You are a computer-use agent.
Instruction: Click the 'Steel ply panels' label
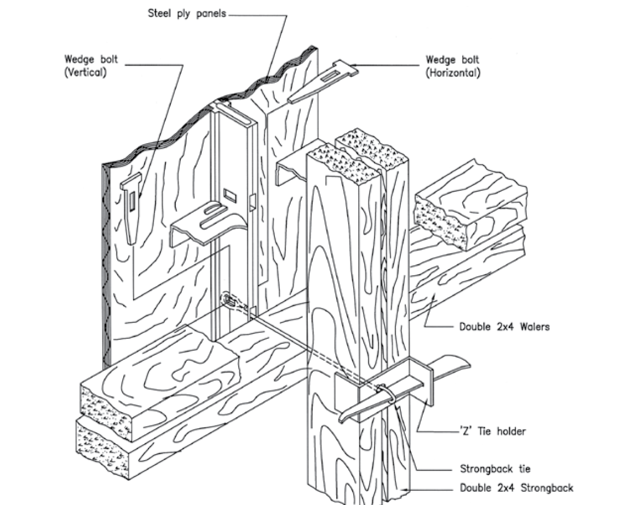coord(186,14)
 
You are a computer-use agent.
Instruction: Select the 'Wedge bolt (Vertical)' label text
coord(91,65)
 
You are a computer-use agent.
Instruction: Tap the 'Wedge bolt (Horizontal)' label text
coord(452,66)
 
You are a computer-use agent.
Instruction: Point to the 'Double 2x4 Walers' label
coord(504,327)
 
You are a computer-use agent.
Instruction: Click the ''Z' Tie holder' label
coord(492,431)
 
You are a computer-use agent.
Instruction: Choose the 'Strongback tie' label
coord(495,469)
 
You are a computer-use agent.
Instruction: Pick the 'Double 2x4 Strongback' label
coord(516,487)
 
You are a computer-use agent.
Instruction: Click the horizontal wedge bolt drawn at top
coord(322,83)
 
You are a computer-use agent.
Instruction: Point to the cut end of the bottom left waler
coord(99,447)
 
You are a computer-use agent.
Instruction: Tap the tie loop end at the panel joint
coord(228,300)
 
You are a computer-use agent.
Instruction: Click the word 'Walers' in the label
coord(532,327)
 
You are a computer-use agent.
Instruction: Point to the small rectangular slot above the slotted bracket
coord(230,194)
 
